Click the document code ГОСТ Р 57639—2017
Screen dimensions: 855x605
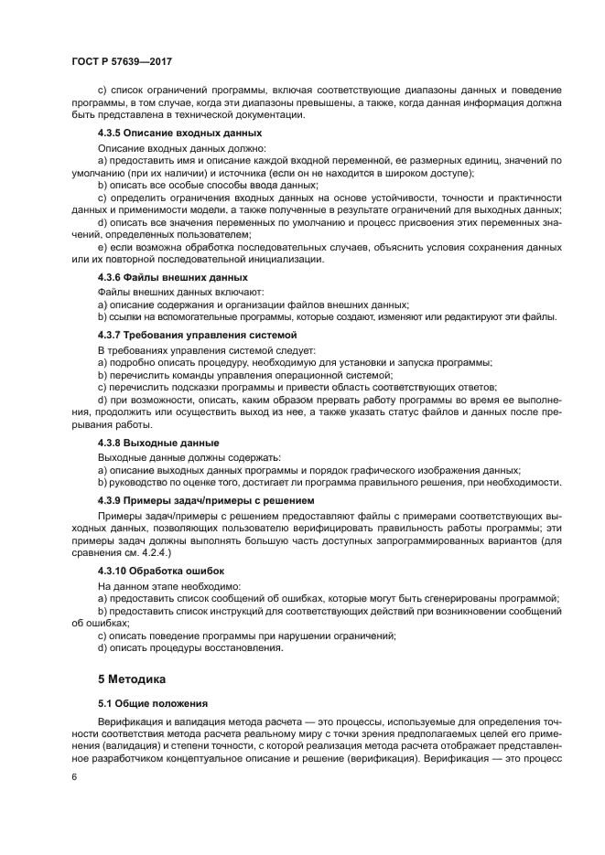(x=121, y=60)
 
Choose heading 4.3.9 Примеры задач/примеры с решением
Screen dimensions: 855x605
(x=205, y=501)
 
